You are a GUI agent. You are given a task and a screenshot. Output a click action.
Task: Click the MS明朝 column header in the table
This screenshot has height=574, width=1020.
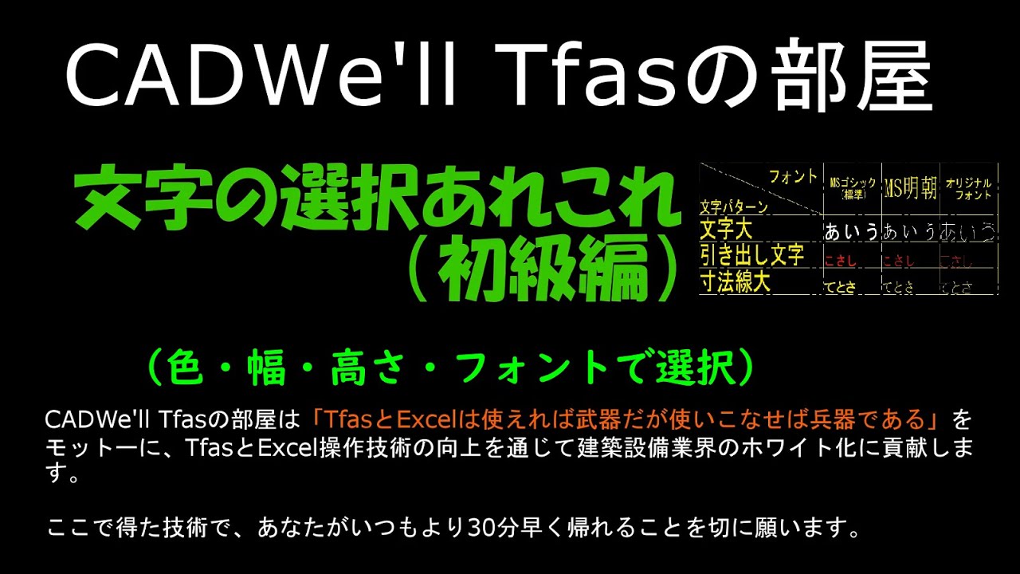pyautogui.click(x=910, y=189)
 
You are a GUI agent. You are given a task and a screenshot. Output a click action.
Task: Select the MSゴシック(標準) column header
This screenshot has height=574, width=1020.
pyautogui.click(x=853, y=189)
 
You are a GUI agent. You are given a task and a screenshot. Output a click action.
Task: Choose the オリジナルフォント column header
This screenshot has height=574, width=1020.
pyautogui.click(x=968, y=189)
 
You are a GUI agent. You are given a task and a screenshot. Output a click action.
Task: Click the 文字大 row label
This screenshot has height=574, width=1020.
pyautogui.click(x=726, y=230)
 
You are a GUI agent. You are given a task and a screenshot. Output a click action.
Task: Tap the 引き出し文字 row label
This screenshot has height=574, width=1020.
pyautogui.click(x=751, y=255)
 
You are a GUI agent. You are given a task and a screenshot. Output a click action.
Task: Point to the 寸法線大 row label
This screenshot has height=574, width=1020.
pyautogui.click(x=735, y=282)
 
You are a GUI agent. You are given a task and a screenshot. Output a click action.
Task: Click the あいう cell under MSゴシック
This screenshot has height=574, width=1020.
pyautogui.click(x=852, y=232)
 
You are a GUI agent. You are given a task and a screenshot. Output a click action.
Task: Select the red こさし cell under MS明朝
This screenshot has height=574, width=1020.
pyautogui.click(x=898, y=261)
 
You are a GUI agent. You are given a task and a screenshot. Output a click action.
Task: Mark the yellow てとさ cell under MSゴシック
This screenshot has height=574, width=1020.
pyautogui.click(x=840, y=288)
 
